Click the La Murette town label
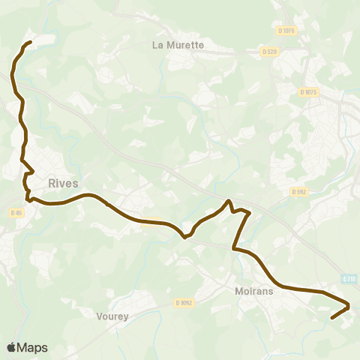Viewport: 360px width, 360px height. click(178, 44)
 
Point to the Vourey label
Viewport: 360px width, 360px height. click(112, 316)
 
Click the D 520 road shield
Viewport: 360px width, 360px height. click(270, 51)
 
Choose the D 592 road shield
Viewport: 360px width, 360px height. click(299, 192)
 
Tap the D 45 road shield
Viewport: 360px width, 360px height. click(16, 213)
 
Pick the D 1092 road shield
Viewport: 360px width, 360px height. click(184, 303)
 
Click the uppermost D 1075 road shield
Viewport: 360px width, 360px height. click(286, 30)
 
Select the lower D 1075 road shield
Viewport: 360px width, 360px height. click(309, 91)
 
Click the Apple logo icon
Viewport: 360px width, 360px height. click(12, 347)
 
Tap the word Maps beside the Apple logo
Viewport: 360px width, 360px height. click(33, 347)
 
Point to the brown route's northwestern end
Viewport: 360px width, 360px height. click(29, 43)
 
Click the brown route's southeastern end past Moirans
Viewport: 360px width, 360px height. click(332, 318)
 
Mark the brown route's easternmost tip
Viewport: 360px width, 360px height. click(349, 304)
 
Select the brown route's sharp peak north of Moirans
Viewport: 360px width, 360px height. click(228, 201)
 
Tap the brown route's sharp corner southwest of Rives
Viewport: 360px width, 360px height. click(28, 199)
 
